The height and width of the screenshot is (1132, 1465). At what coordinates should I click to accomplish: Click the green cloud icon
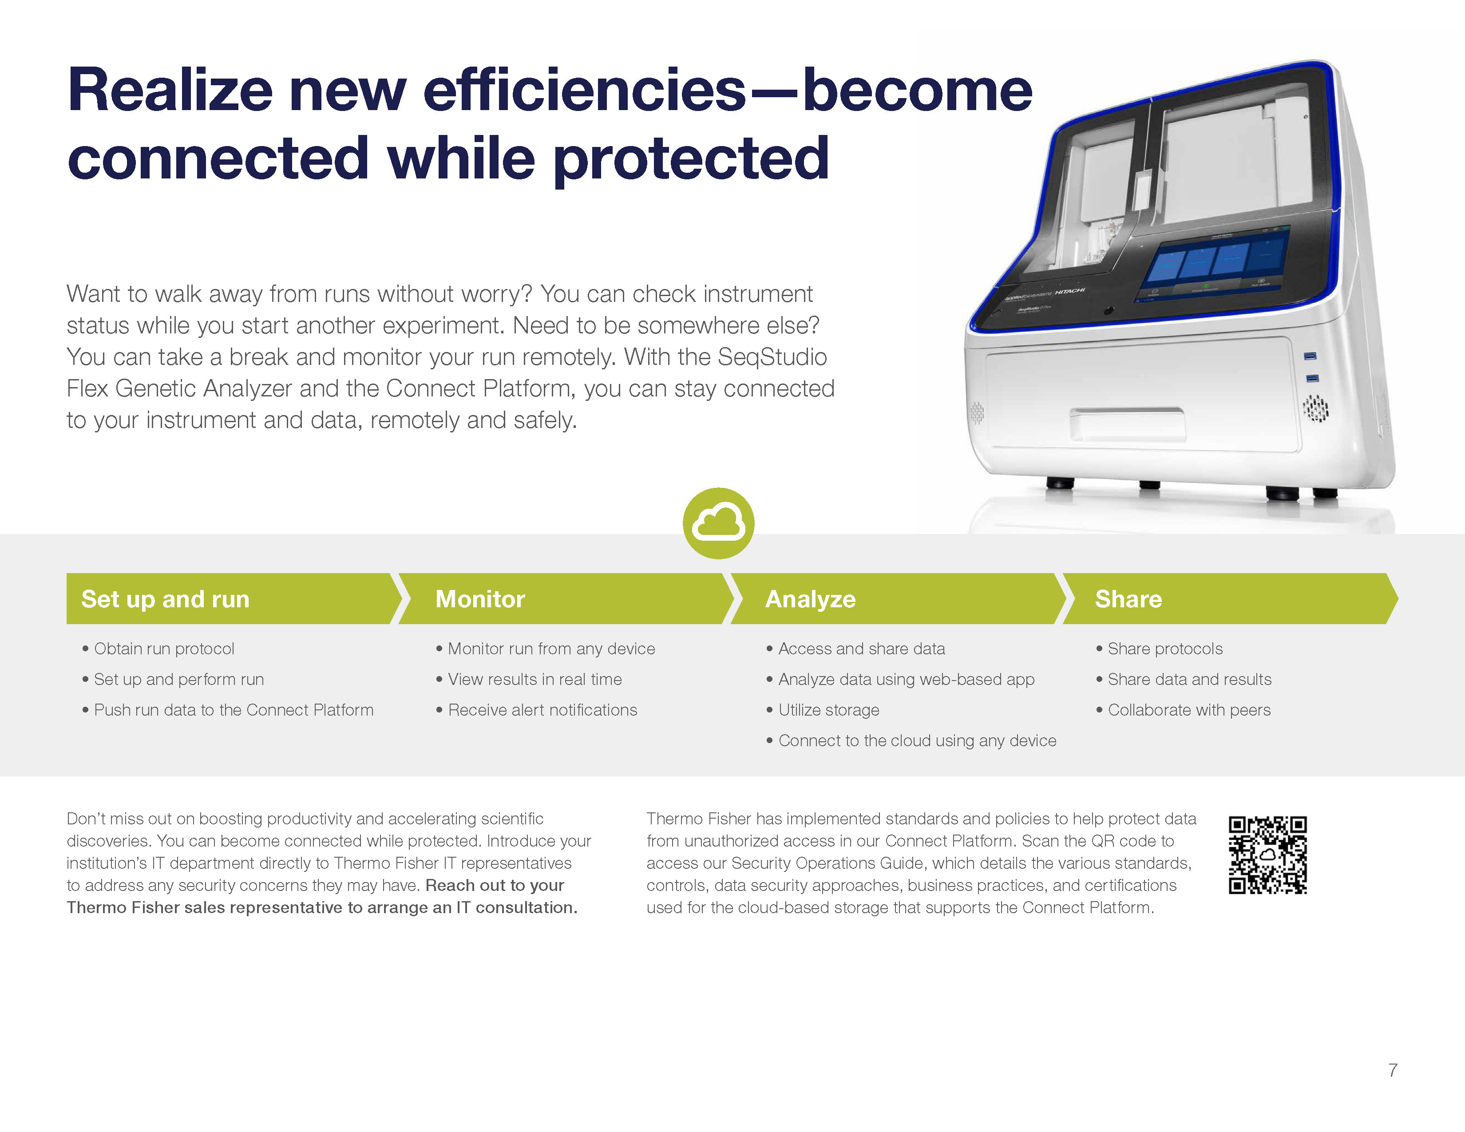pos(718,523)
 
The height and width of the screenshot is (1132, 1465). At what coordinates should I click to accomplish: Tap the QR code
pos(1267,855)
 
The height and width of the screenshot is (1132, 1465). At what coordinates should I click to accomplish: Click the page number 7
pos(1393,1070)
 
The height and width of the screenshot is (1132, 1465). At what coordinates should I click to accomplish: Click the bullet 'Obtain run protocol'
pos(158,649)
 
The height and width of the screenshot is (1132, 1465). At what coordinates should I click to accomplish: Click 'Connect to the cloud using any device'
pos(911,740)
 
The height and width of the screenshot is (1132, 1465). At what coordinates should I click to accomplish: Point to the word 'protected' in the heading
pos(692,159)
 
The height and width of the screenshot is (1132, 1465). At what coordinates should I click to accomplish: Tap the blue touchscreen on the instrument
pos(1214,261)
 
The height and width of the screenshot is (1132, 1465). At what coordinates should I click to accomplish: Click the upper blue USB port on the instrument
pos(1309,356)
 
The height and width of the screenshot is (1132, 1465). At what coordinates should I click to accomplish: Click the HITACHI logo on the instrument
pos(1070,291)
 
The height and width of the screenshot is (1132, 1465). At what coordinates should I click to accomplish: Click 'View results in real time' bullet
pos(529,679)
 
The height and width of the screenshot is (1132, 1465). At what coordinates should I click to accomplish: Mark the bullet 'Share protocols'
pos(1159,649)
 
